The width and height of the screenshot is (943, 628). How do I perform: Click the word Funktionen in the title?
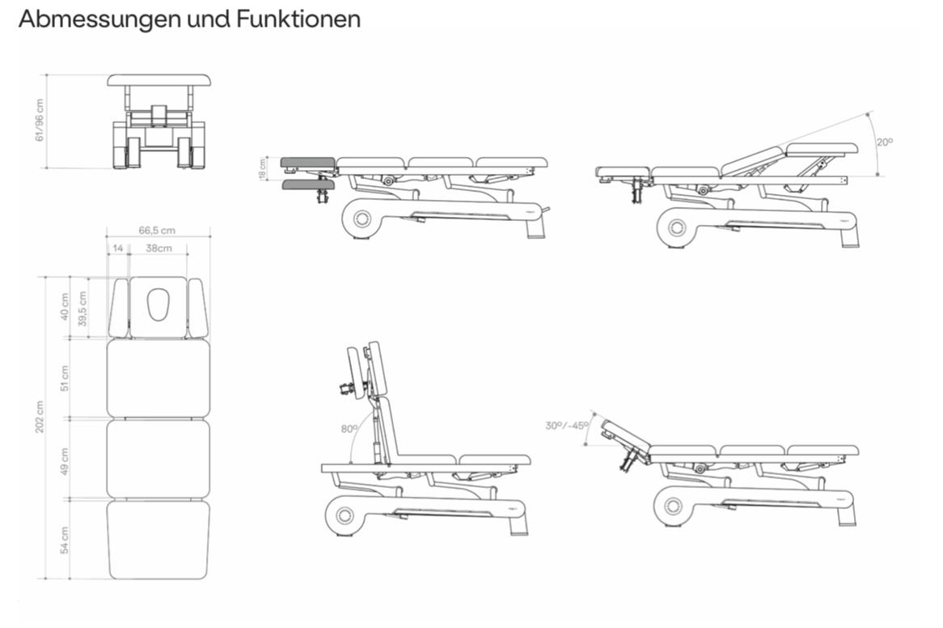point(298,19)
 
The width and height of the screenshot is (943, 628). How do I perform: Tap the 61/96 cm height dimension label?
point(40,121)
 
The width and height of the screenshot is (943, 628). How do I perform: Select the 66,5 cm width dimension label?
point(157,231)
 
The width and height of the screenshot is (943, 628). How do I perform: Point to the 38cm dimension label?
point(159,248)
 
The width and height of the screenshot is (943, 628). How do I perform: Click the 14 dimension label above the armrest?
point(118,248)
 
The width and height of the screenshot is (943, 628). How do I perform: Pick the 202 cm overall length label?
point(40,417)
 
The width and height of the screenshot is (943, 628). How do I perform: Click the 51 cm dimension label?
point(66,378)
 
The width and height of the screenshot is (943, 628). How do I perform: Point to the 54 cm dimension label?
point(66,539)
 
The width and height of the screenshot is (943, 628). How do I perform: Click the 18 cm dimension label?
point(263,169)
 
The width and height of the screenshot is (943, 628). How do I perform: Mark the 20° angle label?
point(884,142)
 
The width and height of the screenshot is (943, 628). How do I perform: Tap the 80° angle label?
point(349,429)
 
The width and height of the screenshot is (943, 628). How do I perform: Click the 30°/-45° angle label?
point(566,425)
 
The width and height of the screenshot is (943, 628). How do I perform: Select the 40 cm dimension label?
point(66,308)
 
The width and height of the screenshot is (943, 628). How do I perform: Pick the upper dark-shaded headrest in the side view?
point(307,162)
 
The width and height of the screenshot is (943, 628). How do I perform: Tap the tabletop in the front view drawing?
point(159,80)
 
